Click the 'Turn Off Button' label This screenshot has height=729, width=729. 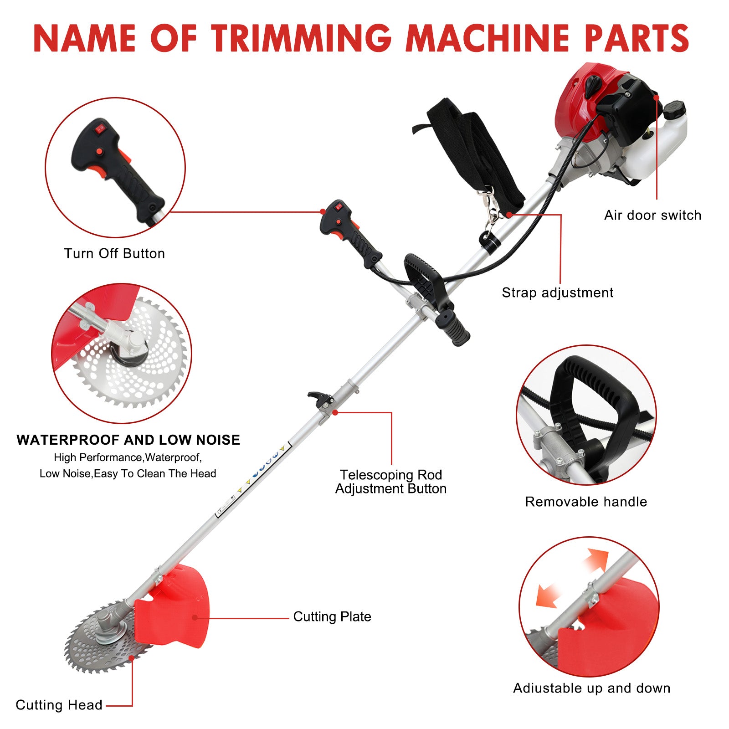coord(114,253)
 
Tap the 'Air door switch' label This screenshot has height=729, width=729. coord(652,215)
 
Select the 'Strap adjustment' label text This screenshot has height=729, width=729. coord(557,293)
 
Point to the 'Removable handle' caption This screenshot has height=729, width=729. coord(586,502)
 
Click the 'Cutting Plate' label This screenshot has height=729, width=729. coord(332,616)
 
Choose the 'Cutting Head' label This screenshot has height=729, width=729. coord(59,705)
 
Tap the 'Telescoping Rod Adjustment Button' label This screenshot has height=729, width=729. coord(391,482)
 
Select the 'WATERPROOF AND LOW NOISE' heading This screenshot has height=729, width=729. coord(128,440)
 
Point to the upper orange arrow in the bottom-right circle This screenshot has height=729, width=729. coord(596,560)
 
